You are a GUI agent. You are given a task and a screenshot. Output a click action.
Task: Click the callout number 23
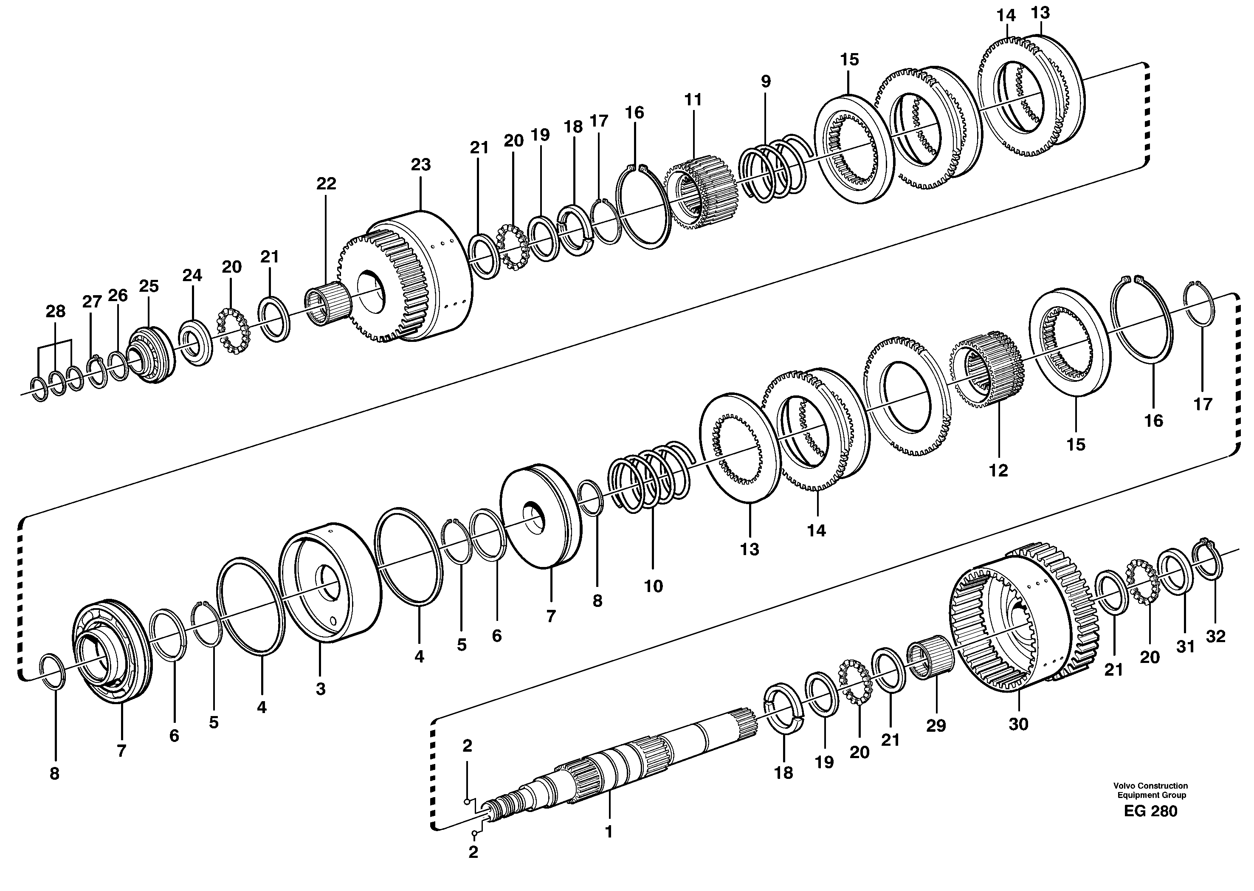pos(421,165)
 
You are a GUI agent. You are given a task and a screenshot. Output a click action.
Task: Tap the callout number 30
pos(1018,724)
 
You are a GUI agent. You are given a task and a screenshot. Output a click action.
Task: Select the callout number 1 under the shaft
pos(609,832)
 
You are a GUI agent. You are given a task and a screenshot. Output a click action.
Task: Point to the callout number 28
pos(55,312)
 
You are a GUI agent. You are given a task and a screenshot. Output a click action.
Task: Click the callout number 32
pos(1216,637)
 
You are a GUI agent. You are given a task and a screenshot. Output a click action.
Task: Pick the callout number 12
pos(998,470)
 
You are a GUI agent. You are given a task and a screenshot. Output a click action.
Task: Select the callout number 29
pos(936,725)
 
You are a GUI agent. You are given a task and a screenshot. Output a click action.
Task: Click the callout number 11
pos(693,100)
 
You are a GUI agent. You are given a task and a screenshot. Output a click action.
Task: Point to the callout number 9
pos(766,81)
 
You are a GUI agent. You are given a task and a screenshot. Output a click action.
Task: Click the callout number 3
pos(320,689)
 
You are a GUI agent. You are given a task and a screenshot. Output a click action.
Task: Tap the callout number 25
pos(149,286)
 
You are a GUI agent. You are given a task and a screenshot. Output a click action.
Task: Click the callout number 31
pos(1186,647)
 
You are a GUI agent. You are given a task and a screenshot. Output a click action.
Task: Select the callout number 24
pos(192,276)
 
